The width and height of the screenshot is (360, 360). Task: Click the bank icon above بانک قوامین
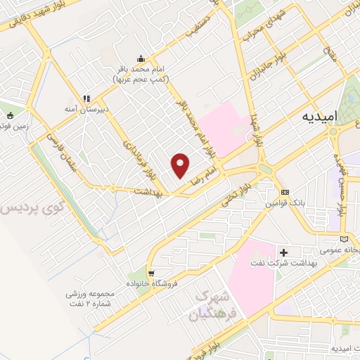(x=285, y=193)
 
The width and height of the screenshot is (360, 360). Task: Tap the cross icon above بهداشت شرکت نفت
(x=284, y=252)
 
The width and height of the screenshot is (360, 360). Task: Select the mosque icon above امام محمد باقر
(x=142, y=59)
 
